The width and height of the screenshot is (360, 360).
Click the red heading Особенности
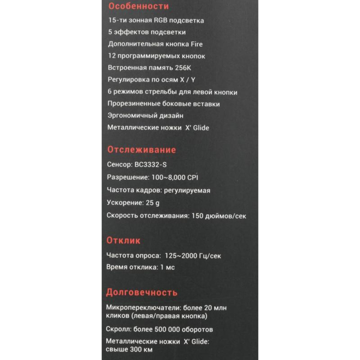139,6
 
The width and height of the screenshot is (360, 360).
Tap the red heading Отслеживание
142,150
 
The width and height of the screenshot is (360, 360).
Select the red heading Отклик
123,240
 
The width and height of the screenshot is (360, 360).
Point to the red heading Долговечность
141,292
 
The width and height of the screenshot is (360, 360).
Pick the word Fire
196,44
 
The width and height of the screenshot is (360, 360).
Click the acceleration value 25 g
153,203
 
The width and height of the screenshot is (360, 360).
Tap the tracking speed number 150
197,216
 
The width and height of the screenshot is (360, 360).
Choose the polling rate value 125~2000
180,256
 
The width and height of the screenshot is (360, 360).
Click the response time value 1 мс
167,267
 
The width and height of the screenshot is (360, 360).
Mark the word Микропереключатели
143,308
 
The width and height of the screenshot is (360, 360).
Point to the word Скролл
118,329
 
